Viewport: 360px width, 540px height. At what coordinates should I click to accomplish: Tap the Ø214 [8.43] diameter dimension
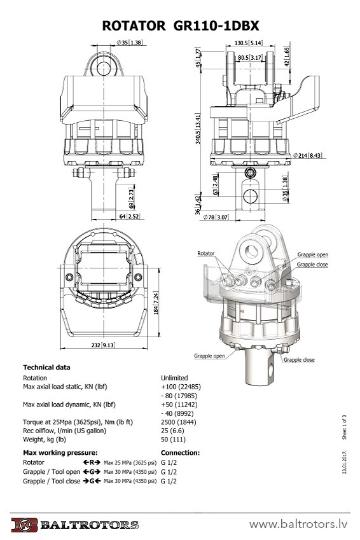(x=307, y=155)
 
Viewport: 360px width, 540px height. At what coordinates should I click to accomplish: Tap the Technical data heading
(x=46, y=367)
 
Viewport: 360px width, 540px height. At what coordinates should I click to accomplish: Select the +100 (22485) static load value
(x=184, y=387)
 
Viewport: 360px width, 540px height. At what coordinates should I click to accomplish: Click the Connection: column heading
(x=181, y=453)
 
